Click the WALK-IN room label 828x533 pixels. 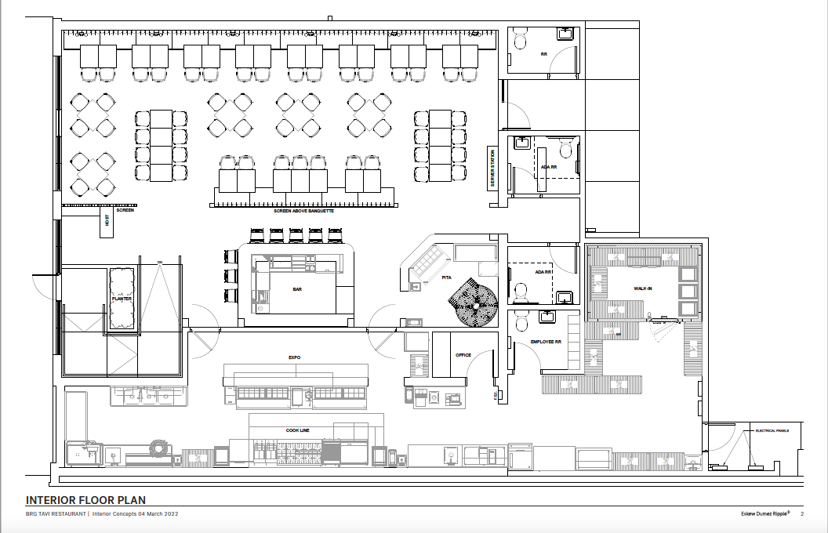(x=644, y=288)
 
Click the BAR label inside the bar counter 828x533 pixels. (x=297, y=288)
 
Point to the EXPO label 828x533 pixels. (x=294, y=357)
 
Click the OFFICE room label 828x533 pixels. (x=463, y=355)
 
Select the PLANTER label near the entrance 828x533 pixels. (x=122, y=299)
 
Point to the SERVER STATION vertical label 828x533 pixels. (x=493, y=168)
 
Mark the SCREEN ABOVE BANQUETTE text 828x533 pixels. (x=303, y=211)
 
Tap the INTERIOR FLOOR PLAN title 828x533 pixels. (x=85, y=500)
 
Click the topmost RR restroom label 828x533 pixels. (x=543, y=55)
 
